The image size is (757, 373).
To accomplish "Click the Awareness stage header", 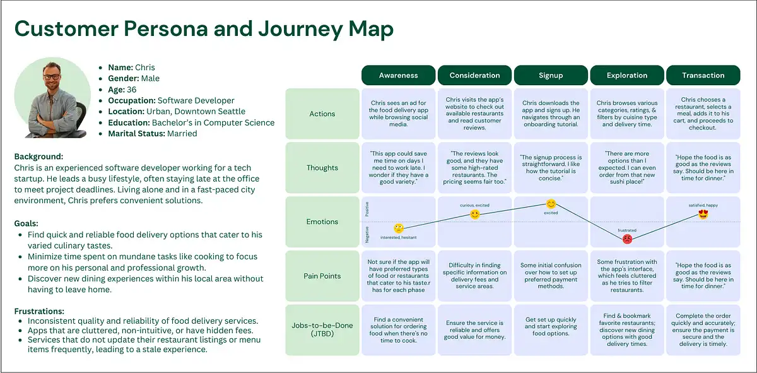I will (x=398, y=75).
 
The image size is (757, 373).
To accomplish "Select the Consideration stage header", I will (x=474, y=75).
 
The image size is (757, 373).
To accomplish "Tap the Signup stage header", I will (x=551, y=75).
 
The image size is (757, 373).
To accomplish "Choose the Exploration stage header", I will (x=627, y=75).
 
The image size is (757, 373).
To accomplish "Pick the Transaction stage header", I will (x=703, y=75).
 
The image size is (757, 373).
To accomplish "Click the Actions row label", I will (x=322, y=114).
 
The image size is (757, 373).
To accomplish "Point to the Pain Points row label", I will (x=322, y=276).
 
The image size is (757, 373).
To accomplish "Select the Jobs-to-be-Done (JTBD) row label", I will (x=322, y=329).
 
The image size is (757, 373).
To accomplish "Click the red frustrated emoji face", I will (x=628, y=239).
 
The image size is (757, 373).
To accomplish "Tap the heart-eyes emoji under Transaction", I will (x=703, y=214).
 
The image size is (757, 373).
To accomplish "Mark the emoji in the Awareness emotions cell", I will (x=399, y=228).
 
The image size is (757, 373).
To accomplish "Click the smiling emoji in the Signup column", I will (x=551, y=204).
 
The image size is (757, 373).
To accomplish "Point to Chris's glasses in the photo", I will (x=52, y=78).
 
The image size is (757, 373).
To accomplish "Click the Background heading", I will (x=38, y=157).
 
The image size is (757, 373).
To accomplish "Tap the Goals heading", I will (x=26, y=223).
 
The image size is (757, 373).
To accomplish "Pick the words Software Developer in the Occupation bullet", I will (x=196, y=100).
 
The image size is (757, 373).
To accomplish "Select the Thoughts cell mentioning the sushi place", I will (x=627, y=167).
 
